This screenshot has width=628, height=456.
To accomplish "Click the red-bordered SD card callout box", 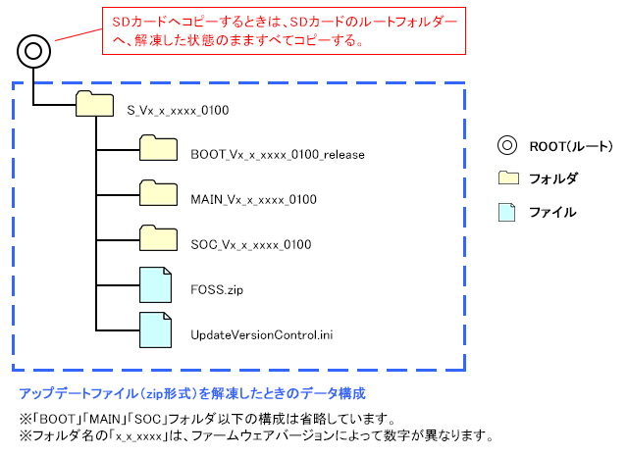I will click(284, 31).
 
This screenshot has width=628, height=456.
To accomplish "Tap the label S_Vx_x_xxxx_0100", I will click(179, 110).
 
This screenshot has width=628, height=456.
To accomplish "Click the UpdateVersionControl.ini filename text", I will click(254, 335).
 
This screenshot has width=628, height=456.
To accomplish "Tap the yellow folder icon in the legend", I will click(507, 177).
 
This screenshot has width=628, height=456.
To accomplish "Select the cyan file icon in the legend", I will click(507, 211).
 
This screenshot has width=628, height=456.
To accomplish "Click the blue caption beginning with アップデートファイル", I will click(192, 394).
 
